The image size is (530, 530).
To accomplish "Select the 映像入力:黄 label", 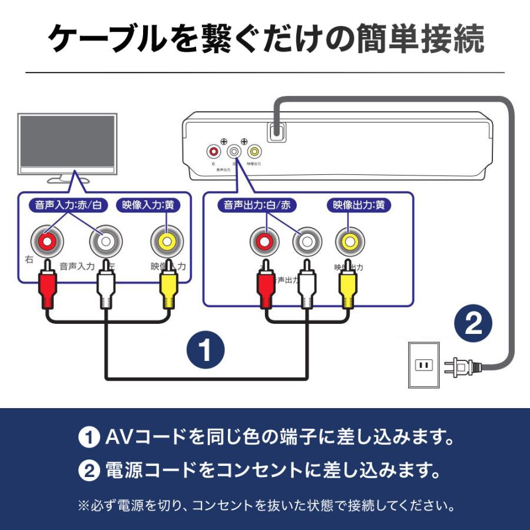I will click(149, 206).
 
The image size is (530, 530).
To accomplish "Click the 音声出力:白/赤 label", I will click(257, 206).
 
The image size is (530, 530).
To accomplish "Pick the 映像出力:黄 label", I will click(359, 206).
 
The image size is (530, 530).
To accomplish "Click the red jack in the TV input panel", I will click(47, 241).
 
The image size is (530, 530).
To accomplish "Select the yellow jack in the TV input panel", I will click(166, 241).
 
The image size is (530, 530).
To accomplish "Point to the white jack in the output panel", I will click(307, 241).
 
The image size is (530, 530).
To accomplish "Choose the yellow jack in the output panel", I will click(350, 241).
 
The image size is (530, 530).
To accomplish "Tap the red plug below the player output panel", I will click(266, 289).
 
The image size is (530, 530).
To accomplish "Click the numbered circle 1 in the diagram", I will click(206, 351).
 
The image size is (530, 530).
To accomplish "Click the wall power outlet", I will click(423, 365).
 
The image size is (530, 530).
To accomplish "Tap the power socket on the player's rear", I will click(276, 132).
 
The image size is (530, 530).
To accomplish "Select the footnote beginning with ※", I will click(265, 505).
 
